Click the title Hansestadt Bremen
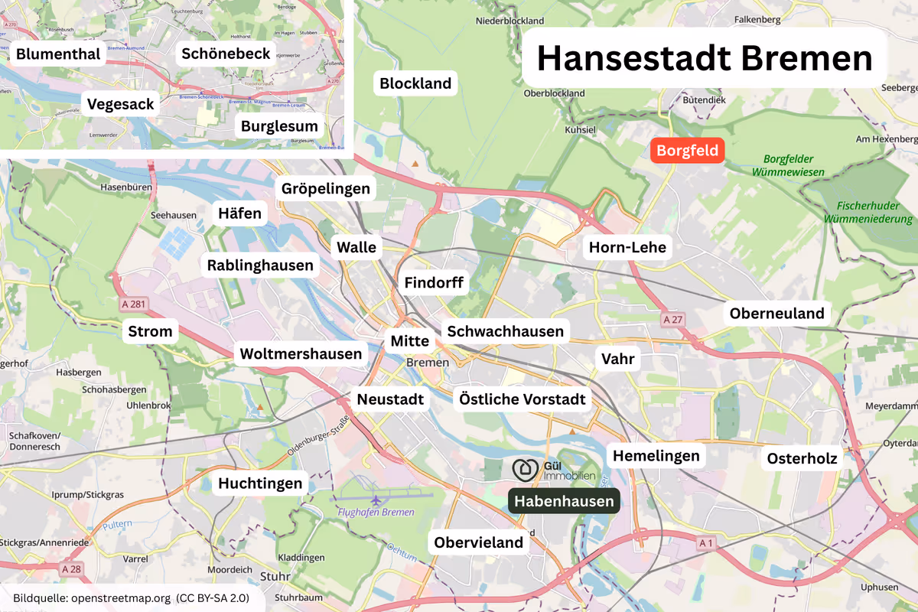(704, 59)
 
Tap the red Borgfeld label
(688, 151)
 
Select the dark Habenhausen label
(564, 501)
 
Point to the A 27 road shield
(672, 319)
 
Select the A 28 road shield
(70, 568)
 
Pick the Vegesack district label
(121, 104)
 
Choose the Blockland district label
(415, 83)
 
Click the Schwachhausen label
(505, 331)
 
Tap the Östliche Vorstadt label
(522, 399)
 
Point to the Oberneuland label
(776, 313)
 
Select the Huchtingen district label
(261, 483)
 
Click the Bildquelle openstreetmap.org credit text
(131, 597)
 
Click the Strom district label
(151, 332)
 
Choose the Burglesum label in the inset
(279, 126)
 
